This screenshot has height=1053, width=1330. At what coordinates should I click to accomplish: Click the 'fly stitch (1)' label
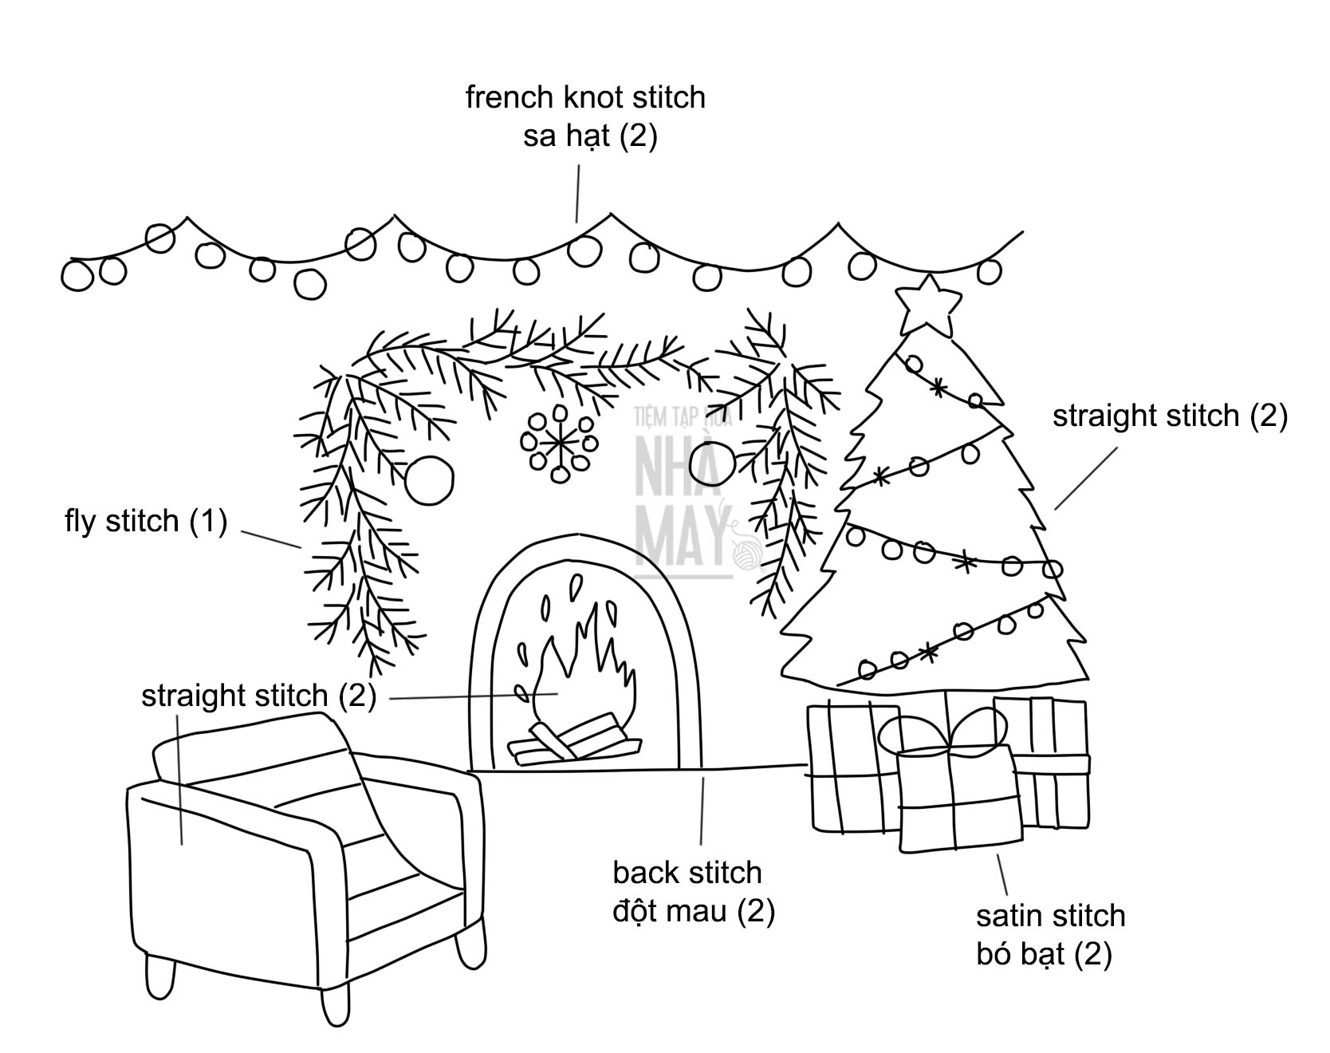click(146, 522)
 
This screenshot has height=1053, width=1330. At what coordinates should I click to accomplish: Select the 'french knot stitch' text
click(585, 98)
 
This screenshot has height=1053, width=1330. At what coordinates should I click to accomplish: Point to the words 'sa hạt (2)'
click(590, 136)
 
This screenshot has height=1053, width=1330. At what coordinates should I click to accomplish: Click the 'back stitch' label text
click(687, 873)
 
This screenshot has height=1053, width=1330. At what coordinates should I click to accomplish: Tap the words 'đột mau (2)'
click(694, 910)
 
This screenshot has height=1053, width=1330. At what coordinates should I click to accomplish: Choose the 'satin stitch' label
click(1050, 916)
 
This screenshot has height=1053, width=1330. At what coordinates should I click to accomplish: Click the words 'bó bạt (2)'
click(1044, 954)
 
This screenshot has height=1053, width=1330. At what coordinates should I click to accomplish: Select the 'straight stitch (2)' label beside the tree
click(1170, 416)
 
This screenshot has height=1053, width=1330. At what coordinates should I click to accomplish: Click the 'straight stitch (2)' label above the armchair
click(258, 696)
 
